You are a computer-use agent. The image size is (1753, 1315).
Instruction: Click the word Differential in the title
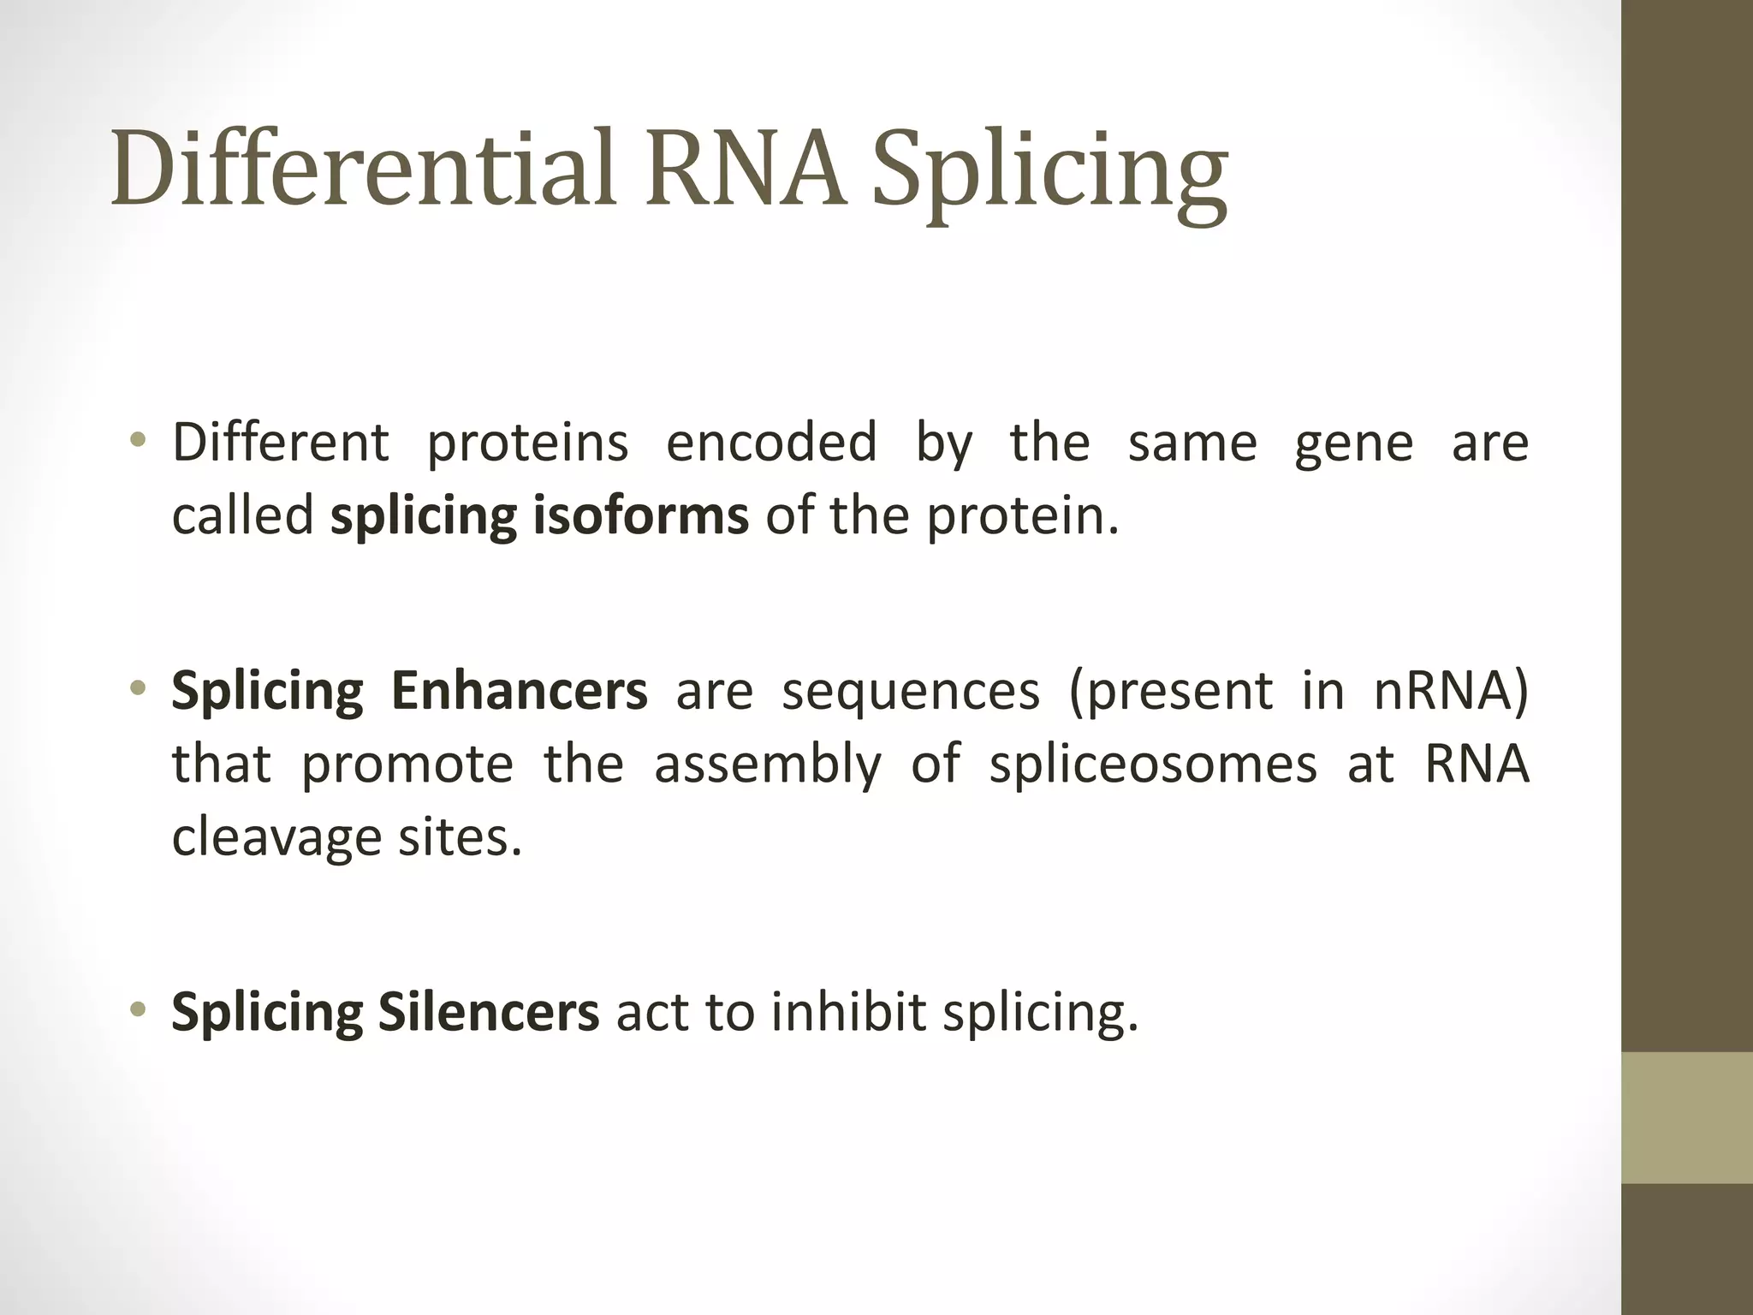click(x=364, y=168)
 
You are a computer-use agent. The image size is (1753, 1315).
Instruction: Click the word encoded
click(x=771, y=443)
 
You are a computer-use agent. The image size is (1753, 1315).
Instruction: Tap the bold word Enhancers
click(x=519, y=691)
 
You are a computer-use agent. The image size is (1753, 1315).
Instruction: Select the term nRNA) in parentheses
click(x=1451, y=691)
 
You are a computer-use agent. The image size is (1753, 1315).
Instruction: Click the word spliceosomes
click(x=1153, y=765)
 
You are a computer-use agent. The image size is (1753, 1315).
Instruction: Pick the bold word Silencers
click(x=488, y=1013)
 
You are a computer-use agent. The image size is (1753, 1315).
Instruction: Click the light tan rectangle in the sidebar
click(x=1686, y=1117)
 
